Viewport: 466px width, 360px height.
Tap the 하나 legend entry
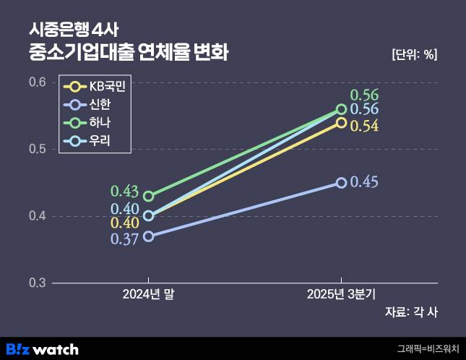tap(95, 122)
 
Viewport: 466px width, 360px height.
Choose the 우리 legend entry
tap(95, 140)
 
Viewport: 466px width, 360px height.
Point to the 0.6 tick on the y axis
tap(38, 82)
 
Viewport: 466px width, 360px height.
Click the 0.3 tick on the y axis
tap(38, 283)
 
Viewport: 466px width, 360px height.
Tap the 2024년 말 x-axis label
tap(149, 294)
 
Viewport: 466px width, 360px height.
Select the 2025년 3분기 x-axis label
tap(341, 294)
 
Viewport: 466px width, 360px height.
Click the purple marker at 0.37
tap(149, 236)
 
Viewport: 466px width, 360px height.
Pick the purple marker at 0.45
tap(341, 183)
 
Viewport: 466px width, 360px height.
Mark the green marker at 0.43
tap(149, 196)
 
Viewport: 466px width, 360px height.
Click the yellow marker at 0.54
tap(341, 123)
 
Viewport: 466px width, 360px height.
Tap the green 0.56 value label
tap(364, 95)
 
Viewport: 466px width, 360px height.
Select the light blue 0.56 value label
tap(364, 110)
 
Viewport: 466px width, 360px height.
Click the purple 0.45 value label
tap(364, 182)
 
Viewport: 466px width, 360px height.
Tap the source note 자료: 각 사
tap(413, 312)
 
